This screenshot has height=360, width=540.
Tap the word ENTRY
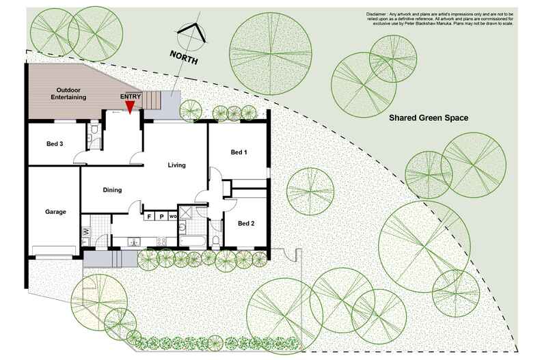(x=131, y=96)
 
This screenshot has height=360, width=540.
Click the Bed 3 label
(x=55, y=144)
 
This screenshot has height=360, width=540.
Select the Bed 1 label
(x=239, y=152)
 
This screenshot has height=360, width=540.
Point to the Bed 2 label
(x=246, y=223)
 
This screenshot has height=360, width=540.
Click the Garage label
(x=55, y=212)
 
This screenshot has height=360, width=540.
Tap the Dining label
(x=113, y=191)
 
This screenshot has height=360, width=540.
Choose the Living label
(x=177, y=165)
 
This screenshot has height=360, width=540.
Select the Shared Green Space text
(x=429, y=118)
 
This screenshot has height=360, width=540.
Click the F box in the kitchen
(x=149, y=217)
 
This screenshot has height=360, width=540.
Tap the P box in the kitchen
(x=161, y=217)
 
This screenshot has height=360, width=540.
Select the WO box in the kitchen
(x=173, y=217)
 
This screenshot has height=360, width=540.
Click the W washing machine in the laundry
(x=86, y=233)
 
